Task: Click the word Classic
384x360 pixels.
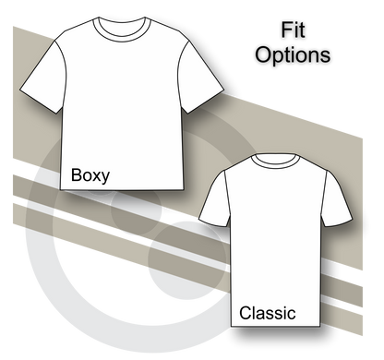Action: (267, 313)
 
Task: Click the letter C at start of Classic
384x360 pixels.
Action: (245, 313)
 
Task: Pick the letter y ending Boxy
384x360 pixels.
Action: (107, 175)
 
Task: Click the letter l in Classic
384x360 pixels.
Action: (254, 312)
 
